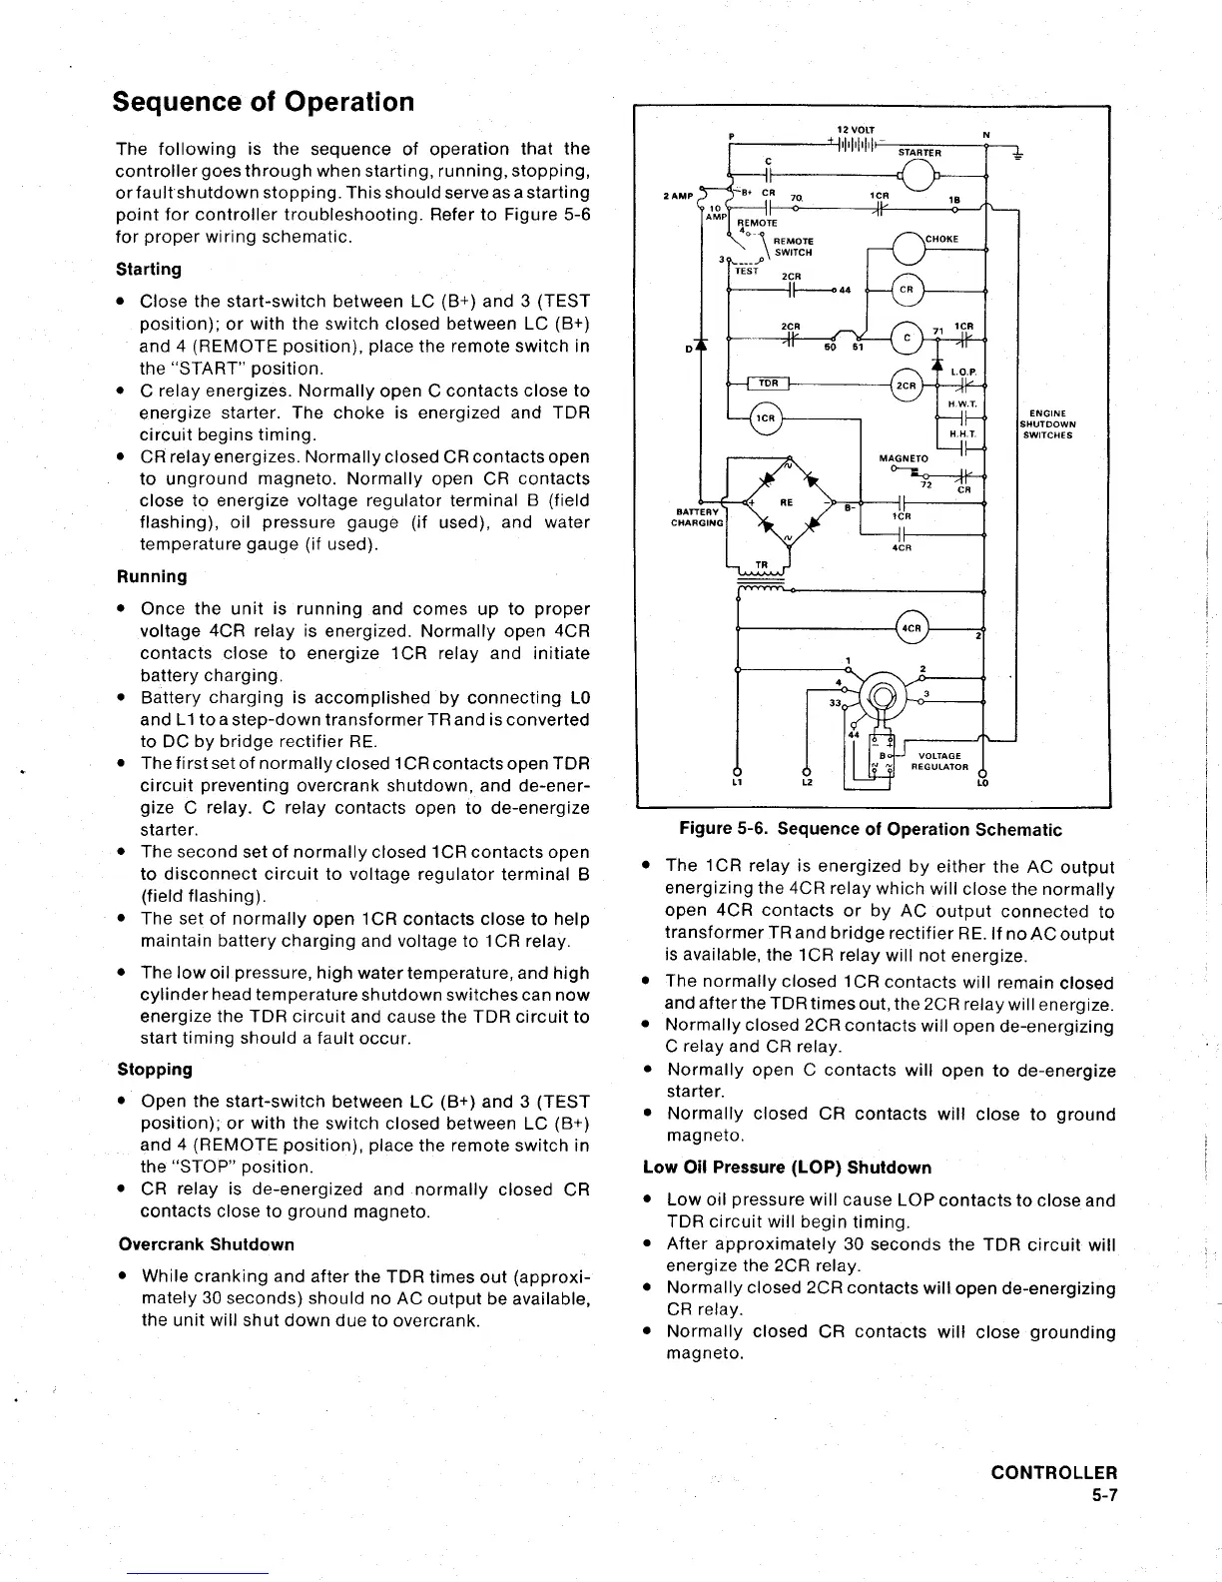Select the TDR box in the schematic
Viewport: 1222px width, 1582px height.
click(769, 384)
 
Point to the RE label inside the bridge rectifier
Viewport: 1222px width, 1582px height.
click(787, 502)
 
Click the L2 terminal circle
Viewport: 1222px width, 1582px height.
click(806, 772)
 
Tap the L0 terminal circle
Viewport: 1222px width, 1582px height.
click(983, 772)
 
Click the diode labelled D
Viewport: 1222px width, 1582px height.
click(703, 347)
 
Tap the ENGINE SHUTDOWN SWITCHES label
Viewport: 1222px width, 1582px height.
click(1046, 424)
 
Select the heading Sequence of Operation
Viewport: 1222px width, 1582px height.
click(263, 103)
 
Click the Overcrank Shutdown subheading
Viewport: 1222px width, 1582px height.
click(206, 1244)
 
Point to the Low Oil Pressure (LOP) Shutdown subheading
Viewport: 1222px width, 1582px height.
click(787, 1168)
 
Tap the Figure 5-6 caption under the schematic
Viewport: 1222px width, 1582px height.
click(870, 829)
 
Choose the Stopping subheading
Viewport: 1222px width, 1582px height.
click(155, 1069)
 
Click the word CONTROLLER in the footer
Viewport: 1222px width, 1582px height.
click(1053, 1473)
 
